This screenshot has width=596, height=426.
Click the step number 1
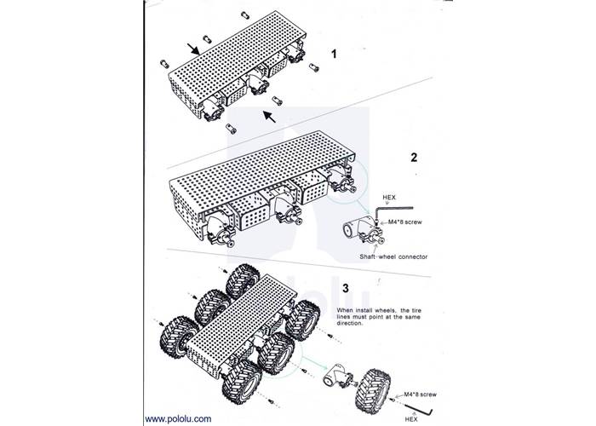point(334,55)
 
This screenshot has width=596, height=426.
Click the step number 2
point(414,158)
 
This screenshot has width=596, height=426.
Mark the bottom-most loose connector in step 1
point(231,130)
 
